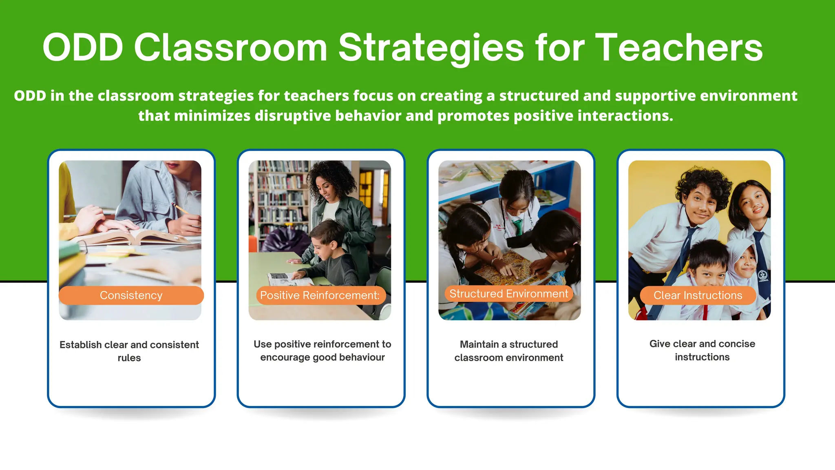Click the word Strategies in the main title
pyautogui.click(x=431, y=48)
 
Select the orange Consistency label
pyautogui.click(x=131, y=295)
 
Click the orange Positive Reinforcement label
pyautogui.click(x=320, y=295)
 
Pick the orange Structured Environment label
pyautogui.click(x=508, y=294)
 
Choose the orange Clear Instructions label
pyautogui.click(x=698, y=295)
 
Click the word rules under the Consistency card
pyautogui.click(x=129, y=358)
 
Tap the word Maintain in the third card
pyautogui.click(x=479, y=344)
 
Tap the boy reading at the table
pyautogui.click(x=326, y=249)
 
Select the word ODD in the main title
pyautogui.click(x=83, y=48)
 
